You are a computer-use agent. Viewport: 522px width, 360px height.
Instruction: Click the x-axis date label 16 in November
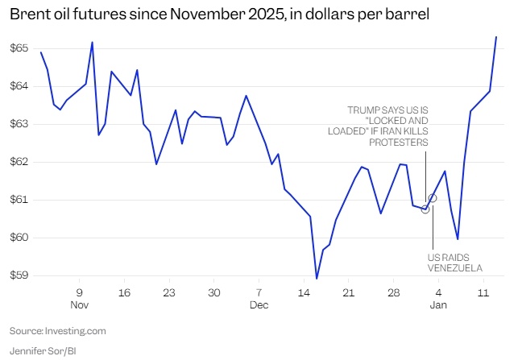[124, 292]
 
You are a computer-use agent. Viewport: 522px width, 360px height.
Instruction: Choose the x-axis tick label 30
[213, 292]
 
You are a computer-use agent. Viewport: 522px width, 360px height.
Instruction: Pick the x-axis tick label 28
[393, 292]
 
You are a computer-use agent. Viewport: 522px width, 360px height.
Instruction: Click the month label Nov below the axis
[80, 306]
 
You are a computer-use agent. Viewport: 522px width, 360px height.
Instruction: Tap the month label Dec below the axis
[259, 306]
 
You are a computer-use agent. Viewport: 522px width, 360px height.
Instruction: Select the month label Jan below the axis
[438, 306]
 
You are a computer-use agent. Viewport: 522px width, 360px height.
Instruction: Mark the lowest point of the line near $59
[317, 279]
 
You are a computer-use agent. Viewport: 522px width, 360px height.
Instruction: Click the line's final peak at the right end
[496, 37]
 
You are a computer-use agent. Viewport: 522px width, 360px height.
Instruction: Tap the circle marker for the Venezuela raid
[425, 209]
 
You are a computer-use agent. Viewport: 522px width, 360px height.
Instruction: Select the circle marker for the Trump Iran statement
[433, 197]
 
